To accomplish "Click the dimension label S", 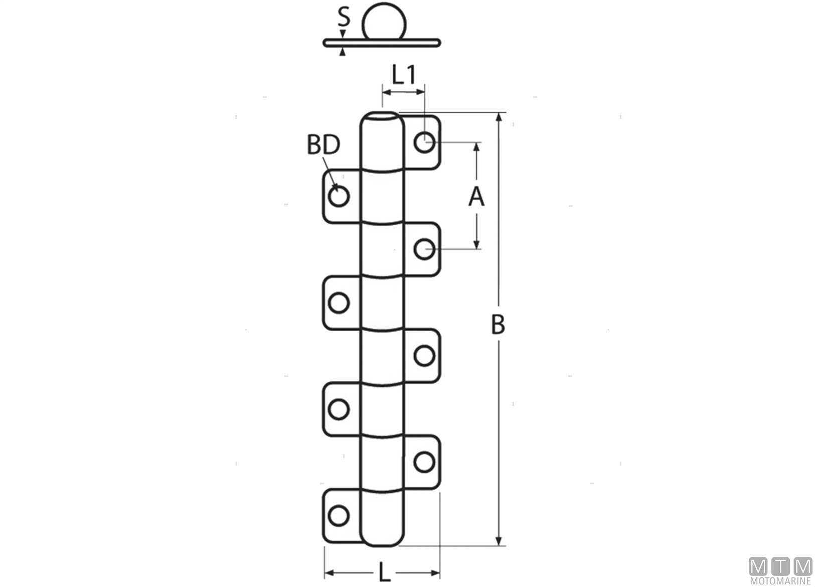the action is point(344,17).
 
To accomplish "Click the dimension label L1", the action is point(404,75).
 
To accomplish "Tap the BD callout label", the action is point(323,144).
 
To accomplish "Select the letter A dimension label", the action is point(476,197).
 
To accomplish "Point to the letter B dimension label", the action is point(498,325).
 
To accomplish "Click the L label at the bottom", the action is point(385,572).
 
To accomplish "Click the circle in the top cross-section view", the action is point(384,21).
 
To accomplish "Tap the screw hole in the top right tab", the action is point(424,142).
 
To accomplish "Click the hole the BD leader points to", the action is point(339,196).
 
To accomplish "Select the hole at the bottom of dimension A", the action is point(424,249).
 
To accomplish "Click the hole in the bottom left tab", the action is point(339,516).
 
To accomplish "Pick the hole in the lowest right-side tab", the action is point(424,462).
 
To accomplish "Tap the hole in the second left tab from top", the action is point(339,303).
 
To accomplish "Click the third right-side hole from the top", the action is point(424,356).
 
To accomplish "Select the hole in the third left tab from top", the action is point(339,409).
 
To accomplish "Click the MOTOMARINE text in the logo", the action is point(780,581).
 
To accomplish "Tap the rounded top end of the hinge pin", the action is point(382,118).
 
